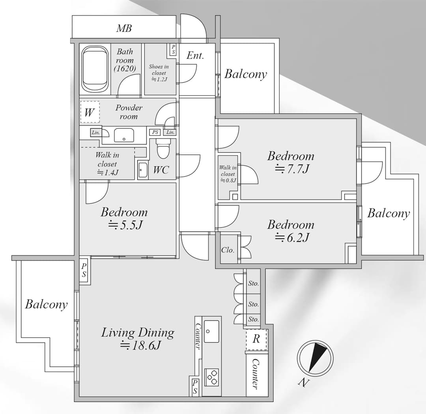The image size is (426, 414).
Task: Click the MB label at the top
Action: tap(124, 28)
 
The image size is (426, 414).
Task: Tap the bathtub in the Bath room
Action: tap(95, 69)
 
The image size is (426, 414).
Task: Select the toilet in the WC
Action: tap(163, 148)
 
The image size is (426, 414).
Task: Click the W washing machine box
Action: tap(90, 112)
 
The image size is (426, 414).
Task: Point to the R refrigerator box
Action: tap(256, 339)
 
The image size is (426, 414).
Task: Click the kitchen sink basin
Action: tap(211, 331)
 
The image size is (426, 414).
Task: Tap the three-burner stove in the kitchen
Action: tap(211, 377)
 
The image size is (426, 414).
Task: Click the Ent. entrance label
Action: tap(195, 56)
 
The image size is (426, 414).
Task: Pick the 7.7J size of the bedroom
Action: tap(292, 169)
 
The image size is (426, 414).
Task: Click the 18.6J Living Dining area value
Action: tap(141, 345)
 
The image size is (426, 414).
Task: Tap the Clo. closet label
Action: tap(228, 250)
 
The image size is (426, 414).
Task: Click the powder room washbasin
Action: tap(124, 135)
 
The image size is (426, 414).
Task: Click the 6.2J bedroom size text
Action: tap(292, 238)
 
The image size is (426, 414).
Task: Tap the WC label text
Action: tap(161, 170)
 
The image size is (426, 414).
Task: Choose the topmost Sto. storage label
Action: tap(254, 283)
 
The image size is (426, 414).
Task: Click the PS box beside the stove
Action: tap(195, 386)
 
